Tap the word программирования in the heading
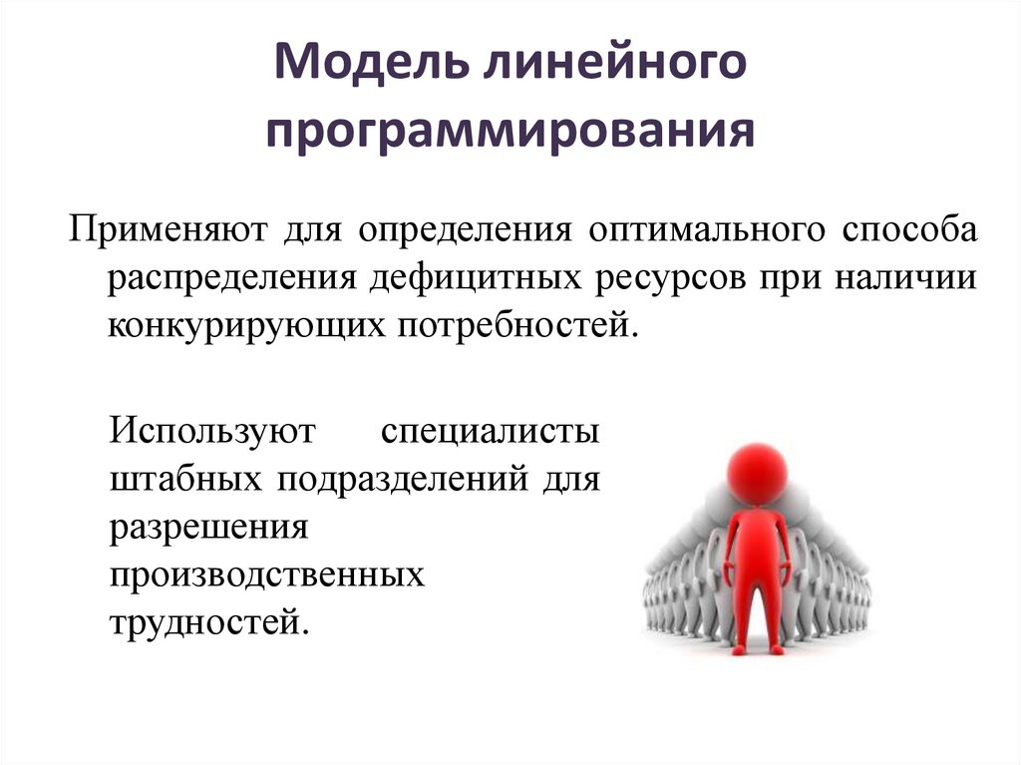(510, 132)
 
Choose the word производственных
(261, 575)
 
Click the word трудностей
(204, 622)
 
